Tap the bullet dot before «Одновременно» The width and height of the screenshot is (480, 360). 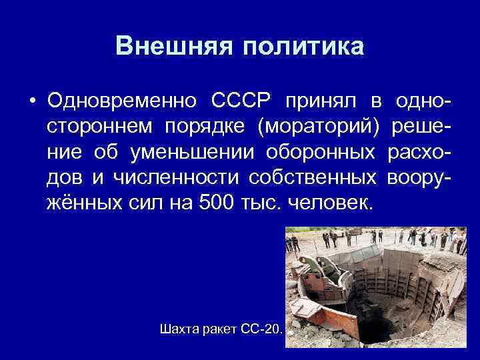pos(31,101)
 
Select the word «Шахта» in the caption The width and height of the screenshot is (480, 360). pos(179,329)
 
